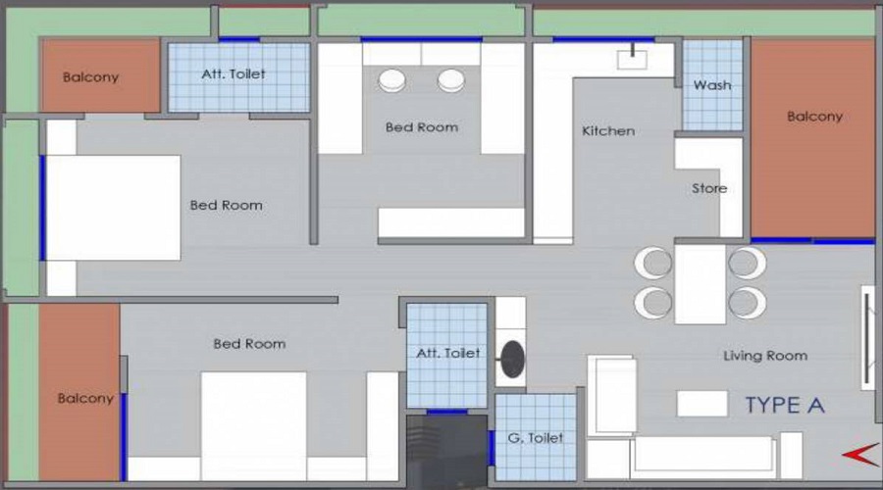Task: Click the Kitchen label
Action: click(x=608, y=131)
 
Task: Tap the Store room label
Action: click(x=709, y=188)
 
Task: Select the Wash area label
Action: click(x=712, y=85)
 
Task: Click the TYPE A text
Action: click(x=785, y=405)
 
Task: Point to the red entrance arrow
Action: click(x=858, y=453)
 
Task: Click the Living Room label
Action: click(x=765, y=356)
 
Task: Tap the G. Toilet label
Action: click(x=535, y=438)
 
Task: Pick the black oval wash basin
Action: click(x=511, y=361)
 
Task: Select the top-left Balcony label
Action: click(x=90, y=77)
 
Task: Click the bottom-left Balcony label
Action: click(x=85, y=399)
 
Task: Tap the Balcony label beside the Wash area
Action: click(x=814, y=117)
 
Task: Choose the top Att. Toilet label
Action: click(x=234, y=73)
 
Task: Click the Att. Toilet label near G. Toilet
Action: click(x=448, y=353)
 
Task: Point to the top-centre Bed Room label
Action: click(x=421, y=127)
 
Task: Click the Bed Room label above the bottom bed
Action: click(x=249, y=344)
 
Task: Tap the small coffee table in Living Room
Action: click(x=701, y=403)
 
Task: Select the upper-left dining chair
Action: click(x=652, y=263)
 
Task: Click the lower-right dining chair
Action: click(x=748, y=301)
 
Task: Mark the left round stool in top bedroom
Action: click(x=392, y=80)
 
